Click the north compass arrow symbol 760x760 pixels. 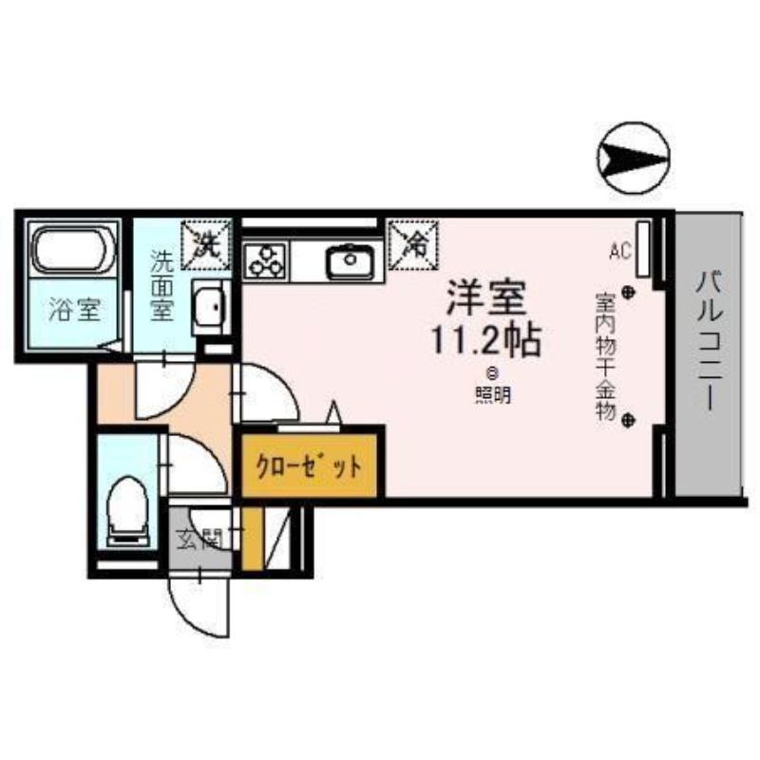pyautogui.click(x=634, y=158)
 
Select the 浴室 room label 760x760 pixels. pyautogui.click(x=75, y=310)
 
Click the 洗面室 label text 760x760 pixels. pyautogui.click(x=161, y=286)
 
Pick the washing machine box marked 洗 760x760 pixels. pyautogui.click(x=205, y=245)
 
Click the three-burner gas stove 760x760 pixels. pyautogui.click(x=266, y=261)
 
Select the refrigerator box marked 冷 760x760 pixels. pyautogui.click(x=413, y=245)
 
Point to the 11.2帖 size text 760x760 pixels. pyautogui.click(x=486, y=340)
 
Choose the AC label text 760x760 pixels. pyautogui.click(x=620, y=251)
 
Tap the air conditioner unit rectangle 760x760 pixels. pyautogui.click(x=643, y=249)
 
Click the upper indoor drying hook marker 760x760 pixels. pyautogui.click(x=628, y=293)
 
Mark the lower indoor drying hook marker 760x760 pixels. pyautogui.click(x=628, y=420)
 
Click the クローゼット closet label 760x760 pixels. pyautogui.click(x=310, y=466)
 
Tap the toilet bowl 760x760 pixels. pyautogui.click(x=127, y=511)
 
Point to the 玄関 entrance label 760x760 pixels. pyautogui.click(x=199, y=539)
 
